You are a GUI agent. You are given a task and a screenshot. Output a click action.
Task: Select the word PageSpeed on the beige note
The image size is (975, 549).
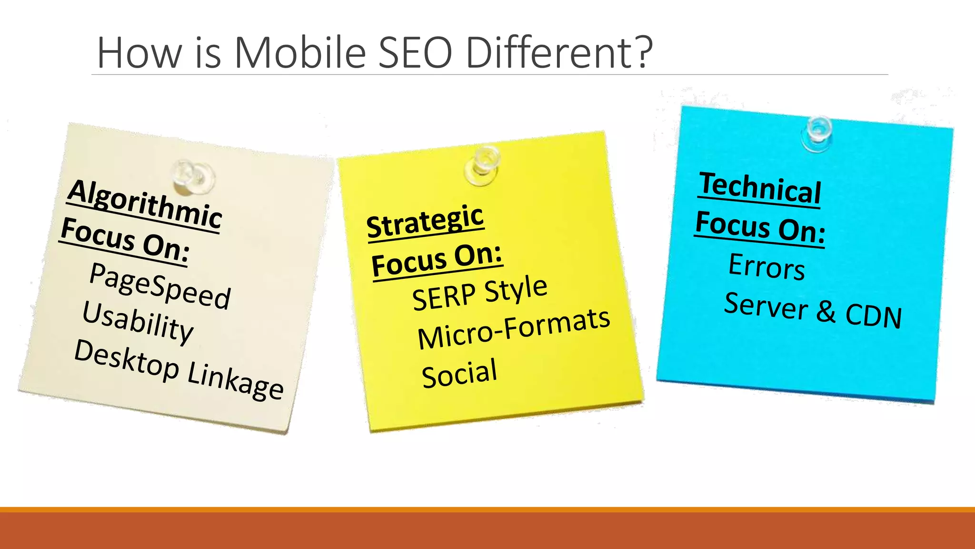160,286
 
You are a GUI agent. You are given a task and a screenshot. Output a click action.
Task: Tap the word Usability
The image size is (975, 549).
138,322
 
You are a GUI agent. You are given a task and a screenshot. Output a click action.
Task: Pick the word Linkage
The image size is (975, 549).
236,381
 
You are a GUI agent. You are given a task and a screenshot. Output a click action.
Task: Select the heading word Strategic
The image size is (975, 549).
425,221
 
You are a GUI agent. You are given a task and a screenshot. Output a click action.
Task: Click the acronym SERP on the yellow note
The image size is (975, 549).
444,296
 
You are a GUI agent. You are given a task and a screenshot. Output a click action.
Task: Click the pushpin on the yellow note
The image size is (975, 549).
483,164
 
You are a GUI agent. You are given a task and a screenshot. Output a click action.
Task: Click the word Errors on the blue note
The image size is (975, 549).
766,266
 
